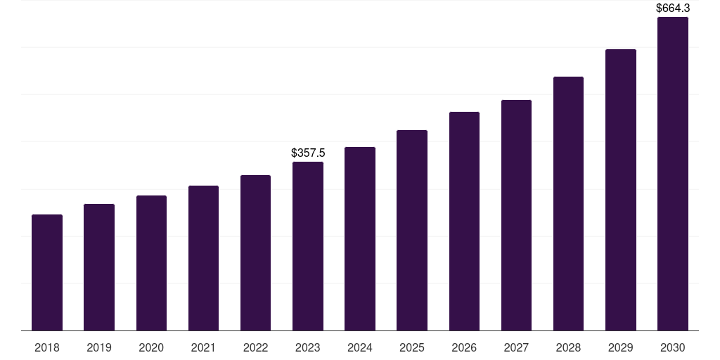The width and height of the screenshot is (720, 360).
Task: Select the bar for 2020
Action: click(x=151, y=263)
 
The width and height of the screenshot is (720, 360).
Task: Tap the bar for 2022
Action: click(x=255, y=253)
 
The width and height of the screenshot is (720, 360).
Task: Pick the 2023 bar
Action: click(x=308, y=246)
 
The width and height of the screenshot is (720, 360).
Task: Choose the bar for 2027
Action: click(x=516, y=215)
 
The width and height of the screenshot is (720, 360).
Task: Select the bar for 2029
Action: click(x=621, y=190)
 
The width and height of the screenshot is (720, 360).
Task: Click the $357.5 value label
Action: click(x=308, y=153)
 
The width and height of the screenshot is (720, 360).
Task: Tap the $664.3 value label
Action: click(x=673, y=8)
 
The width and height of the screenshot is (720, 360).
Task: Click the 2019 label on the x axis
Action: click(x=99, y=347)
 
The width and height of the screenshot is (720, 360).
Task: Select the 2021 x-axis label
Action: click(x=203, y=347)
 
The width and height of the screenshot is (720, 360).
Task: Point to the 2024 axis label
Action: click(x=360, y=347)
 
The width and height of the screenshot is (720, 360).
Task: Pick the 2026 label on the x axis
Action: click(x=464, y=347)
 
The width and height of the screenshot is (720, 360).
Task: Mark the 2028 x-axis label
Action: click(x=568, y=347)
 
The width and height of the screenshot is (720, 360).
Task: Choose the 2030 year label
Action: click(x=673, y=347)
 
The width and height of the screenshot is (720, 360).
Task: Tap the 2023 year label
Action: click(x=308, y=347)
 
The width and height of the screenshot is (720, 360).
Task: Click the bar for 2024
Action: click(x=360, y=239)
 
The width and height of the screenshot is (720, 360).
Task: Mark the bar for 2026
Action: click(x=464, y=221)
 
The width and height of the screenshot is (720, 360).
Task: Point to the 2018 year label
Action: click(x=47, y=347)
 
